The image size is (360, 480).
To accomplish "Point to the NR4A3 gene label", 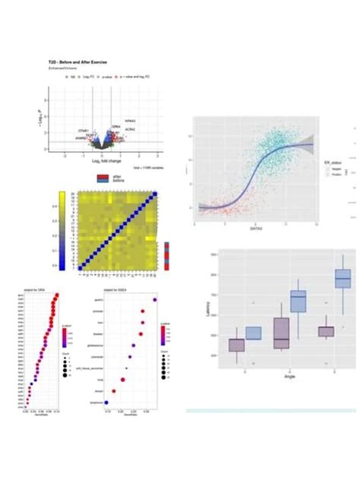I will click(x=131, y=122).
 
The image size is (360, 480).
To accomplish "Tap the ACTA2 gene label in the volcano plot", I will click(x=130, y=131).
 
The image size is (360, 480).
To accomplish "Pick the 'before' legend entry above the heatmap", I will click(x=118, y=181).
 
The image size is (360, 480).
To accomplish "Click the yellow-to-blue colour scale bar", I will click(x=62, y=230).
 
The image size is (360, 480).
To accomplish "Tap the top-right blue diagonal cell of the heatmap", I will click(x=155, y=194).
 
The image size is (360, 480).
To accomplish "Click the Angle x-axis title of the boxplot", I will click(x=289, y=376).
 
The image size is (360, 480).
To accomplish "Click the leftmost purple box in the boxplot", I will click(x=237, y=344).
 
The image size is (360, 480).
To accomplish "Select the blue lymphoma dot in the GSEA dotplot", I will click(x=106, y=402).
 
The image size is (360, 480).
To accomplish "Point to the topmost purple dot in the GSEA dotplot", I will click(x=155, y=300).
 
